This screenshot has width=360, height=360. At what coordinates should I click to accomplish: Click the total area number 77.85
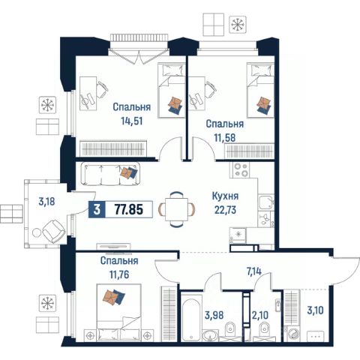129,209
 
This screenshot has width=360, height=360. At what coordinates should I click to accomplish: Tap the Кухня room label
225,196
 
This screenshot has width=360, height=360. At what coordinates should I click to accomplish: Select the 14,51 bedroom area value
132,121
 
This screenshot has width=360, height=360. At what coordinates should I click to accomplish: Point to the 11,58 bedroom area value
224,137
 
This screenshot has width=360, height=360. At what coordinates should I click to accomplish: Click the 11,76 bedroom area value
119,274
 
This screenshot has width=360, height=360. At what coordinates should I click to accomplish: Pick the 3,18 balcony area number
46,201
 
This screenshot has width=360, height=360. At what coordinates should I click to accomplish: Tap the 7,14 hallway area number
253,271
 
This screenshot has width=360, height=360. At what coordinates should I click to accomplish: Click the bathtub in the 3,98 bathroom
191,317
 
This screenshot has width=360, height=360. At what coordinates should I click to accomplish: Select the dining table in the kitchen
176,209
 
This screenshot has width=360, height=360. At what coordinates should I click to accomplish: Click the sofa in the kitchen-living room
111,173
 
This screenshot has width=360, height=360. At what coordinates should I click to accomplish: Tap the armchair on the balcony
54,232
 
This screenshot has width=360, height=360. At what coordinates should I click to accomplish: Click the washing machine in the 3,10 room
293,334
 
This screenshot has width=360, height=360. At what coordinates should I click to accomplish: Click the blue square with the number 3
97,209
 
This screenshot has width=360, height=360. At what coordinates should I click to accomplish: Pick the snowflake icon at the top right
238,25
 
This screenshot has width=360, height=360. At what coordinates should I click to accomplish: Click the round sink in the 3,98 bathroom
210,335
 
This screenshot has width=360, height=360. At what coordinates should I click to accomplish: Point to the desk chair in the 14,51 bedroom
103,90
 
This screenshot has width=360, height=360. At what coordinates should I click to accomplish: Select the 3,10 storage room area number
315,310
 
